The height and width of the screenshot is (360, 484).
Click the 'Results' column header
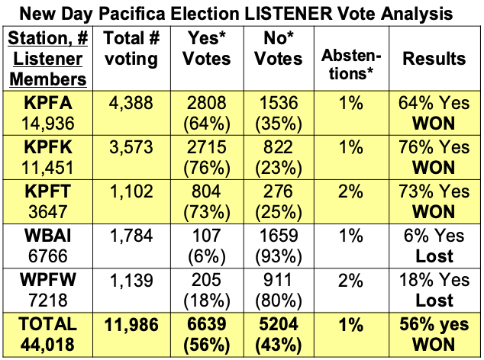coord(434,58)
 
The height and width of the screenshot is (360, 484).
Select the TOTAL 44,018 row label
coord(48,335)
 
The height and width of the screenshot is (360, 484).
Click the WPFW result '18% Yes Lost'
coord(434,291)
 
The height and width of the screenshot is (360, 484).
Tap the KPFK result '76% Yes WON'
coord(434,158)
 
